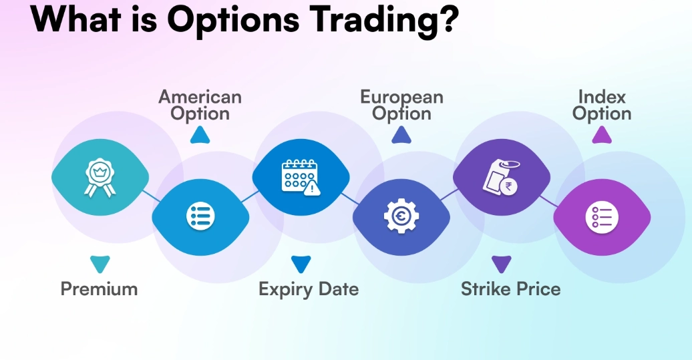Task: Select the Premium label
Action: (x=99, y=289)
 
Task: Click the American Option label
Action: (x=200, y=106)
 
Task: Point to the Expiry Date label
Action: (x=309, y=289)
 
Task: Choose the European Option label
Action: (x=401, y=106)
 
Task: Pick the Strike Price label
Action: (x=510, y=289)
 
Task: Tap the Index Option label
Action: (x=602, y=106)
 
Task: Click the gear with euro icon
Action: (x=401, y=216)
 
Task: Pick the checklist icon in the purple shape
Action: (x=602, y=216)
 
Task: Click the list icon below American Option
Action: (x=200, y=216)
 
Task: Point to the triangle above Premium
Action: (x=100, y=264)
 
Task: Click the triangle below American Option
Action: (x=200, y=136)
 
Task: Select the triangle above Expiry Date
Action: (x=301, y=264)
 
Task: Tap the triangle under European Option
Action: (x=401, y=136)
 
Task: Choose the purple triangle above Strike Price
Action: (x=501, y=264)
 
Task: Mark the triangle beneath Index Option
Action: (x=602, y=136)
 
